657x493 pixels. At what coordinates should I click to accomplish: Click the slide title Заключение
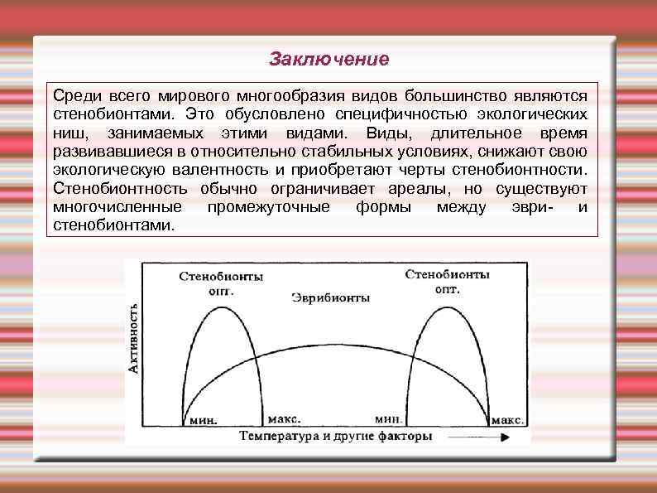point(328,60)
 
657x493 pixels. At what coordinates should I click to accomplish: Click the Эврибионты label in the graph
point(328,297)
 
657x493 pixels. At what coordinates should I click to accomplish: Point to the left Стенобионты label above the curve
point(219,278)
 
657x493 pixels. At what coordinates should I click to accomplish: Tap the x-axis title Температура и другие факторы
point(336,435)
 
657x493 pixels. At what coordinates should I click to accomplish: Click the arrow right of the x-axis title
point(471,435)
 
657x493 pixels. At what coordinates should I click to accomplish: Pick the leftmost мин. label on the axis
point(204,420)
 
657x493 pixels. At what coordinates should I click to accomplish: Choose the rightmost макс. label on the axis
point(507,420)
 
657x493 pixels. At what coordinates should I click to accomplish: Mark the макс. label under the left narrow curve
point(284,419)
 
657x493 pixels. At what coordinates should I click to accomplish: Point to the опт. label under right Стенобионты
point(448,289)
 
